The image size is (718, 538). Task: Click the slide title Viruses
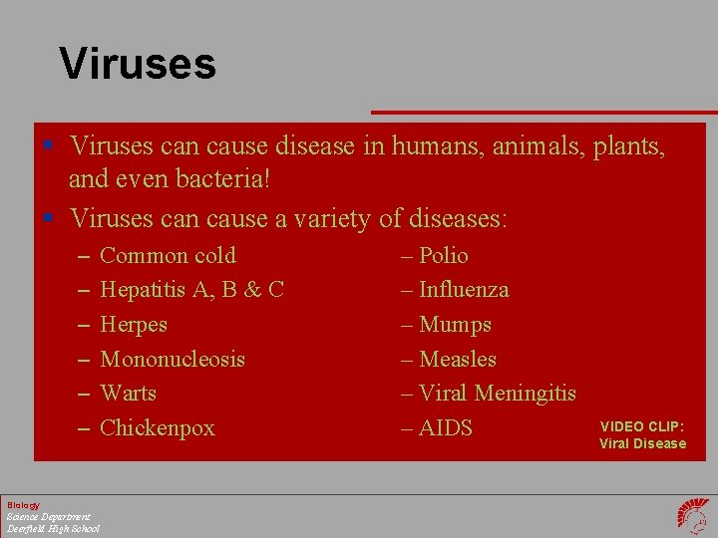coord(138,64)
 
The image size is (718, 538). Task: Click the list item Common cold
coord(168,256)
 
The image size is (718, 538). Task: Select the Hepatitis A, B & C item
coord(192,290)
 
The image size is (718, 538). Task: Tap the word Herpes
coord(134,325)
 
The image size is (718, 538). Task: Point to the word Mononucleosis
coord(173,359)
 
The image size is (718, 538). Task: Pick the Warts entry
coord(129,393)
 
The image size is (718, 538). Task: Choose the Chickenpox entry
coord(158,428)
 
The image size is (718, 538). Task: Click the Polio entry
coord(443,256)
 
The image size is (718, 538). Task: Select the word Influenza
coord(464,290)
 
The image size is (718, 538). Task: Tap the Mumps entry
coord(455,325)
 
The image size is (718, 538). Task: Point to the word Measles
coord(458,359)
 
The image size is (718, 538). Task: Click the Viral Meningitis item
coord(497,394)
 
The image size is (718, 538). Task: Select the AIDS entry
coord(446,428)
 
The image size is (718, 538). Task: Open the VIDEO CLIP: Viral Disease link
coord(642,435)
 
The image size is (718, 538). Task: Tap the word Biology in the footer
coord(23,505)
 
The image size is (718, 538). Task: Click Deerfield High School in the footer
coord(53,528)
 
